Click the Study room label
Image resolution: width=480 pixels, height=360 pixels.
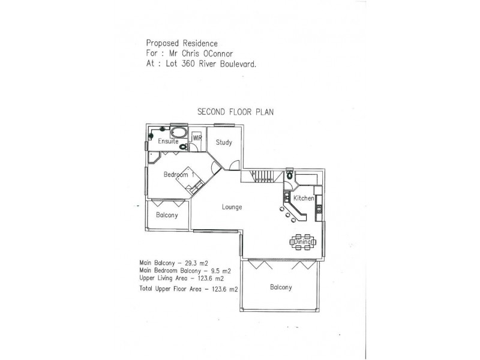(x=224, y=142)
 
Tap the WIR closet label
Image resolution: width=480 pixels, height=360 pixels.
(x=197, y=138)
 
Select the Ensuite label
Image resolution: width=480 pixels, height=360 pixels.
(x=168, y=141)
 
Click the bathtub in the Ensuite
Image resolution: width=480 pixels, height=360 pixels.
(x=178, y=133)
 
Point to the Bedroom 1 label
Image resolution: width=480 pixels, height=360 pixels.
(x=178, y=175)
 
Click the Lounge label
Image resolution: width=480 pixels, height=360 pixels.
(x=232, y=207)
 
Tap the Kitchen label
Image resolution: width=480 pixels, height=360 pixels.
(x=304, y=199)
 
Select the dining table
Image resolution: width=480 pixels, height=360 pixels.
(x=303, y=242)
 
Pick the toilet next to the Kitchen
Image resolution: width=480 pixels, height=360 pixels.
(x=289, y=175)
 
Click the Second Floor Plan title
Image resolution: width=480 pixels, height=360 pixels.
(x=235, y=112)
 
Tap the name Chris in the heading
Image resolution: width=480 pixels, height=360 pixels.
(x=191, y=53)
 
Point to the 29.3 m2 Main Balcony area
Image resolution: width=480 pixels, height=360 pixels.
(x=197, y=263)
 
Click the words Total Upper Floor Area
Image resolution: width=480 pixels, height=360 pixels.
(x=170, y=289)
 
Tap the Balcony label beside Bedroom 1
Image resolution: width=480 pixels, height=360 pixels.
(x=167, y=215)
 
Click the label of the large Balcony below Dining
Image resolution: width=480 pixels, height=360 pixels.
(x=281, y=287)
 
